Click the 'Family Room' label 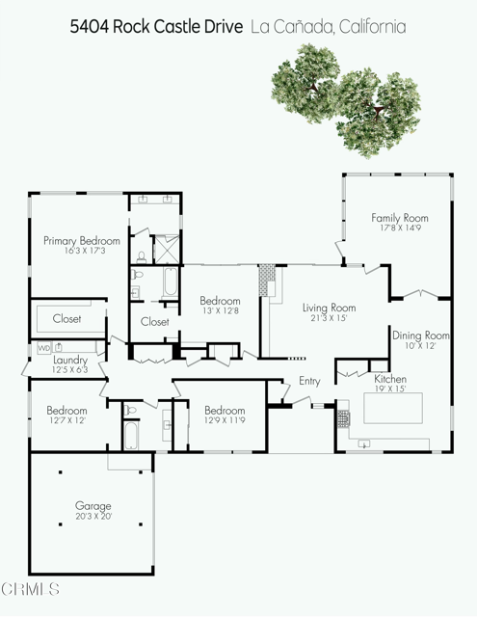click(x=400, y=218)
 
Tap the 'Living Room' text click(x=330, y=308)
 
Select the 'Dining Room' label click(x=421, y=335)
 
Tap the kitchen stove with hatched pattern click(x=345, y=418)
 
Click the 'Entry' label click(x=309, y=381)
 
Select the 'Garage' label click(x=93, y=505)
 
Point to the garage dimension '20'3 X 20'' click(x=93, y=517)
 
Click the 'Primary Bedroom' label click(x=81, y=240)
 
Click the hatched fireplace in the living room click(x=267, y=282)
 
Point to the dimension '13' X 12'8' click(x=220, y=311)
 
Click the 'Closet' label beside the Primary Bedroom click(x=66, y=318)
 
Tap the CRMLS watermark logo click(x=31, y=588)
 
